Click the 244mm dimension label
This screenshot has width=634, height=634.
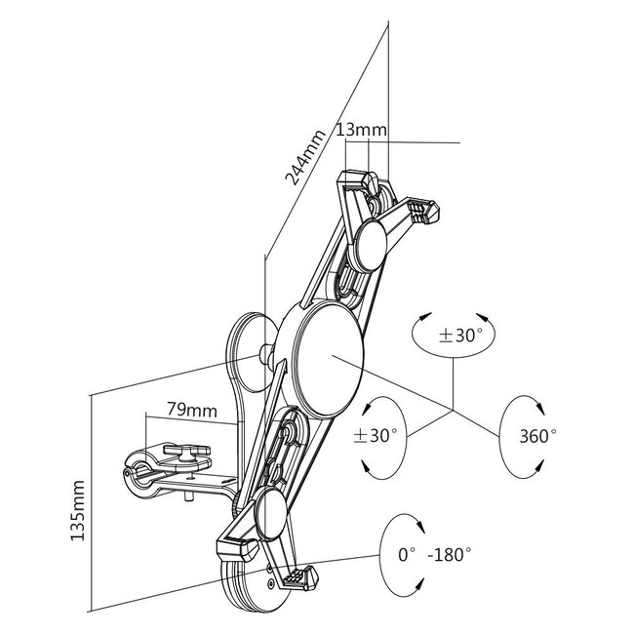pos(305,157)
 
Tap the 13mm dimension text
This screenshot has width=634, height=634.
pos(362,130)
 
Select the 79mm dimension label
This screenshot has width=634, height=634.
pos(192,410)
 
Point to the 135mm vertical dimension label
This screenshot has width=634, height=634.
pos(77,510)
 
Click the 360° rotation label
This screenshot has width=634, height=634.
pos(537,436)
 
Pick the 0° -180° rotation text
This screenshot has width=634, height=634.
pos(435,554)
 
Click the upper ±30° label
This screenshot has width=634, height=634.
pos(460,336)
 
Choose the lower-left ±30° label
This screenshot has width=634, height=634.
pos(376,435)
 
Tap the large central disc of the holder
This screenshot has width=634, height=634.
pos(327,360)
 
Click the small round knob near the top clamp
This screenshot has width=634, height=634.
pos(370,245)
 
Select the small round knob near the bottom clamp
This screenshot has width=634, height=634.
pos(271,513)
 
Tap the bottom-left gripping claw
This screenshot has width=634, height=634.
pos(237,549)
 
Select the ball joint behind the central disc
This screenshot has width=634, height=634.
pos(267,352)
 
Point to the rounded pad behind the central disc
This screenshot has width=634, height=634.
pos(249,352)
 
